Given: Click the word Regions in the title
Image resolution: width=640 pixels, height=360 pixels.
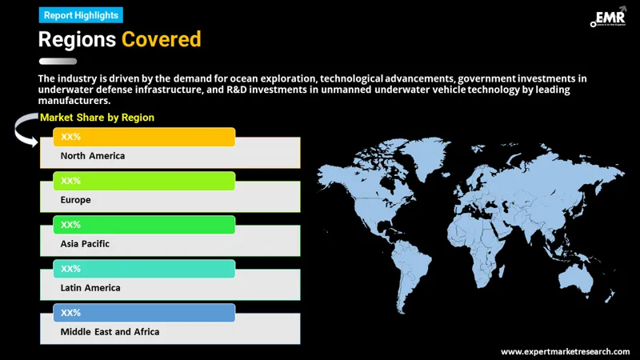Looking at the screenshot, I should pos(77,38).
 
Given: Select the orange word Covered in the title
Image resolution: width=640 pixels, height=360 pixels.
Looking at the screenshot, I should pos(161,38).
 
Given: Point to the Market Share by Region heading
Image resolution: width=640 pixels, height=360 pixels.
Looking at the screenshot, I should pos(98,118).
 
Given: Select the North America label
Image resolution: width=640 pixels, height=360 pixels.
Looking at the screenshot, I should pos(93,156).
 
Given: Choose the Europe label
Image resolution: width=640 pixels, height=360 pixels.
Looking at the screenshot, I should pos(76,200).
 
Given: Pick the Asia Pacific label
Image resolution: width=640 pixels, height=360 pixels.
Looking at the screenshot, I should pos(85,243).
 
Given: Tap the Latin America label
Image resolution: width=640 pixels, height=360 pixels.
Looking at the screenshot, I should pos(90,287).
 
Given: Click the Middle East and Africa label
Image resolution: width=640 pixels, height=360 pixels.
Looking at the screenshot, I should pos(110,331).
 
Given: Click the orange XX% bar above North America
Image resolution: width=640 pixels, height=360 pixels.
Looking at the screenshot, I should pos(144,138).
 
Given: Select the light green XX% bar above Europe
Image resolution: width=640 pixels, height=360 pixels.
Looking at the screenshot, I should pos(144,182).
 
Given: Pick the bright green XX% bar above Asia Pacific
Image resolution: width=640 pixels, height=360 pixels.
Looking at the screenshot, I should pos(144,225).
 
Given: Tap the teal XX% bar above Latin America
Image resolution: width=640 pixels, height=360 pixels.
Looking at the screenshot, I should pos(144,269).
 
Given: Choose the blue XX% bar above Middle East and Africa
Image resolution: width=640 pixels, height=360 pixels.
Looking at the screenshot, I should pos(144,313).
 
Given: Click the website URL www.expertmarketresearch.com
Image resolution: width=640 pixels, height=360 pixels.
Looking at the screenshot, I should pos(565,351).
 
